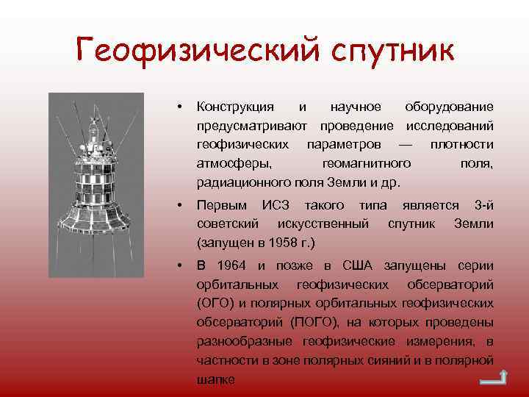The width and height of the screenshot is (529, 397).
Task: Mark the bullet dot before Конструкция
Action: (x=179, y=107)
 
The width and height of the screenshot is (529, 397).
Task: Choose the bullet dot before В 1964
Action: (x=179, y=265)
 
